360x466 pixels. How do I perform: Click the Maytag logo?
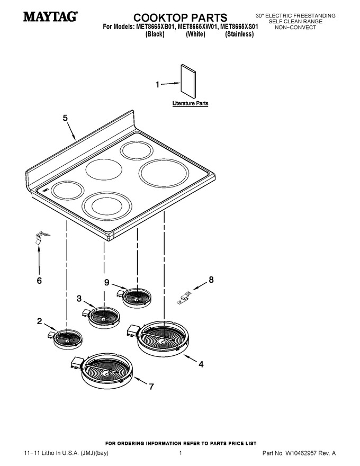tap(51, 16)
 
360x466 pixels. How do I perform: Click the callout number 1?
tap(158, 85)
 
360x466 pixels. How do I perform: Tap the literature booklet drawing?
tap(188, 82)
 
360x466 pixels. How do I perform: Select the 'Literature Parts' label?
tap(190, 103)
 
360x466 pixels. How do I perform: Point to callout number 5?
tap(65, 118)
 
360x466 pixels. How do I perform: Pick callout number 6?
tap(39, 280)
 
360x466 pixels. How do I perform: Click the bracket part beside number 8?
tap(184, 298)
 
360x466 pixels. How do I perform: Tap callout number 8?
tap(211, 280)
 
